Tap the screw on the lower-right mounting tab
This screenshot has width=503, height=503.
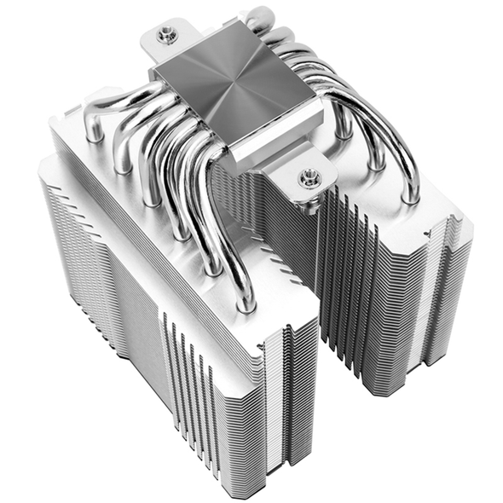click(308, 178)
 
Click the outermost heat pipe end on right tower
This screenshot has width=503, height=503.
click(413, 198)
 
